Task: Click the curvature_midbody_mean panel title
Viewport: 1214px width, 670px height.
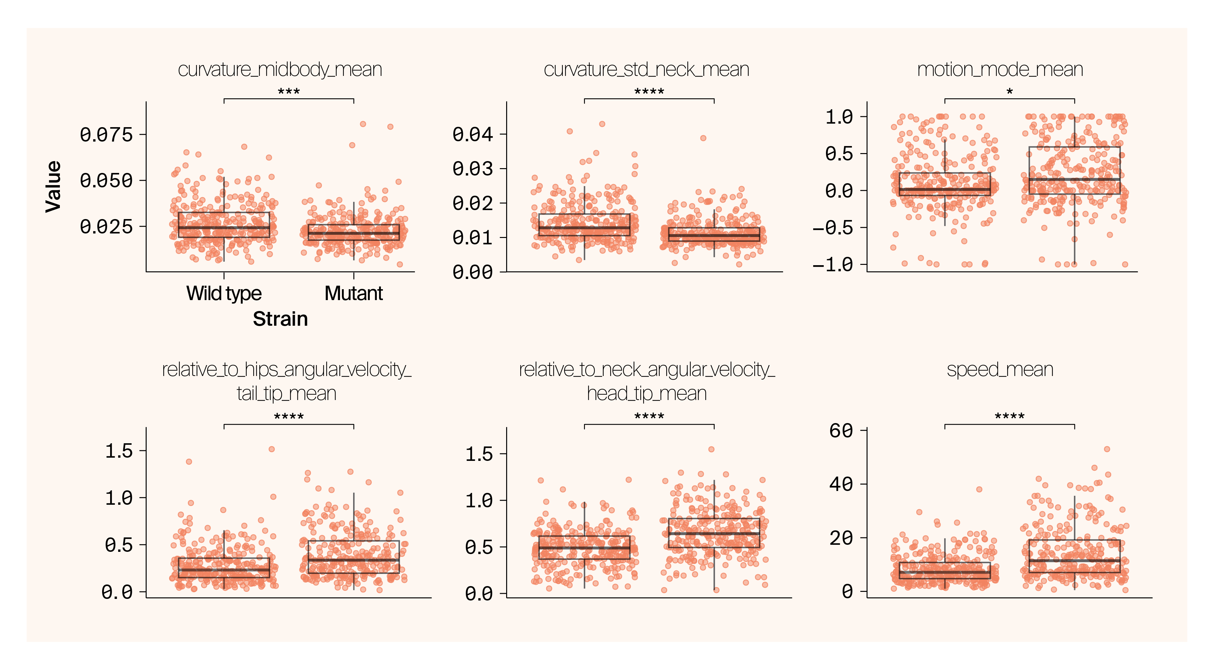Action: click(x=280, y=70)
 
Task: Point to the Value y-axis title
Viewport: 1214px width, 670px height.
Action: click(x=53, y=187)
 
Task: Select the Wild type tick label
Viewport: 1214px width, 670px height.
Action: click(x=224, y=293)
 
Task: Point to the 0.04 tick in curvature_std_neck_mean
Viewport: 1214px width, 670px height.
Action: click(x=472, y=135)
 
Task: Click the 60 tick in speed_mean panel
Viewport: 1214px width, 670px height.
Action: click(x=841, y=430)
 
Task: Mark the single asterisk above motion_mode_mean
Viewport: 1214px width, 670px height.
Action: click(x=1009, y=92)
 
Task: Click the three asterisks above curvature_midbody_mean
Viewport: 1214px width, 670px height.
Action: click(x=288, y=92)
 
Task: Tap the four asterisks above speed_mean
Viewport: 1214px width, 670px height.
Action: click(x=1009, y=416)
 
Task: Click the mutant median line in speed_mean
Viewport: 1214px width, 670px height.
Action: click(x=1074, y=560)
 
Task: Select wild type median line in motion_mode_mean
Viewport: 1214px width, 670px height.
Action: click(x=944, y=190)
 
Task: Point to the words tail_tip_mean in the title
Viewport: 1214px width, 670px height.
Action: click(x=286, y=394)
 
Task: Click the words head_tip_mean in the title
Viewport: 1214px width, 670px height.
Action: click(x=647, y=394)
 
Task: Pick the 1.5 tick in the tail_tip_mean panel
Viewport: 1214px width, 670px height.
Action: click(x=119, y=451)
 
